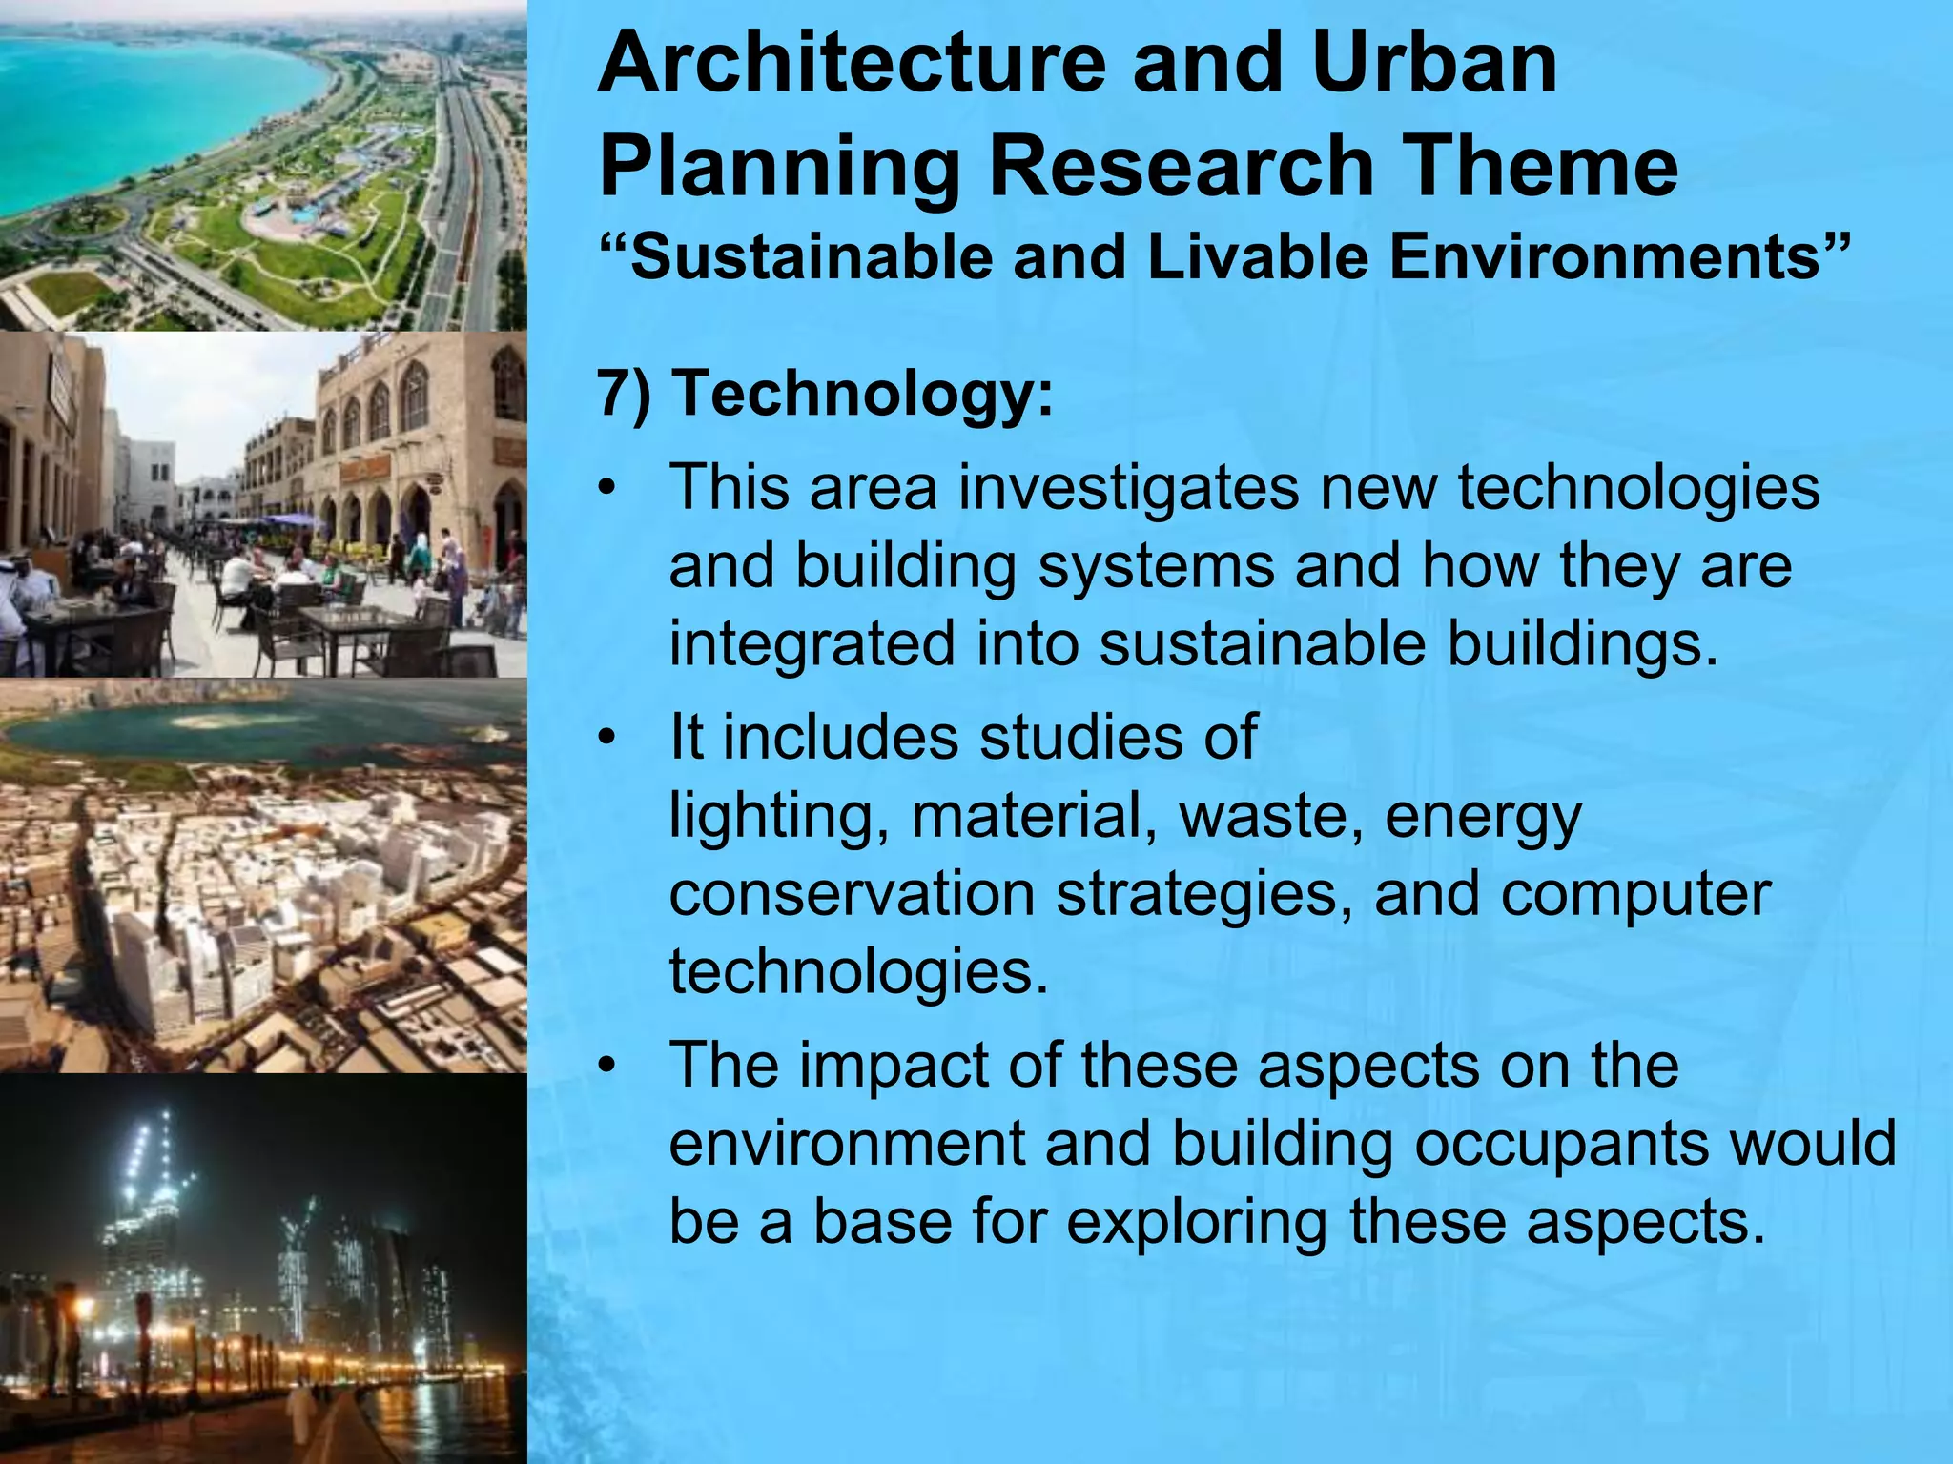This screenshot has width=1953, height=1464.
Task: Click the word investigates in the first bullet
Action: point(1128,488)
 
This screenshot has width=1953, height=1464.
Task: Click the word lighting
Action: point(772,817)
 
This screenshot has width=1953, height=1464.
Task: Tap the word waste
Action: point(1269,817)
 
